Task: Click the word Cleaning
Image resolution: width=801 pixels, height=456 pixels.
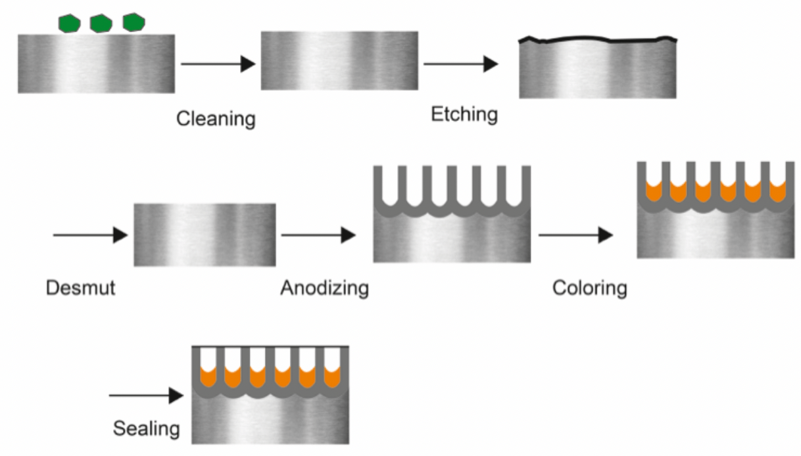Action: [216, 119]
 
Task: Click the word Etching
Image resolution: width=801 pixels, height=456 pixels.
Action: [464, 114]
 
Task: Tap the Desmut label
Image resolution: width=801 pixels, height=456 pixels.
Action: [80, 288]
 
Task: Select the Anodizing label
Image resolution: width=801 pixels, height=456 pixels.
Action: [324, 288]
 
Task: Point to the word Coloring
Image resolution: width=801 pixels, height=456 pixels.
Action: [589, 288]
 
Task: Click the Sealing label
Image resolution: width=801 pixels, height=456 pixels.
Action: [146, 429]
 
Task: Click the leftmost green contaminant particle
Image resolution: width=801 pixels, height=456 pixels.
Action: [69, 24]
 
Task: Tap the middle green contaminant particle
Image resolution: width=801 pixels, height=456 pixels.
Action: [101, 24]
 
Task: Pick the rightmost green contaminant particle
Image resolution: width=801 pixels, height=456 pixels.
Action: [133, 22]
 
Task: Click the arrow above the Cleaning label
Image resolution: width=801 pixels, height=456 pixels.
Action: [218, 64]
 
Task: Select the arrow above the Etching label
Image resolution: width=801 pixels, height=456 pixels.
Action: [460, 64]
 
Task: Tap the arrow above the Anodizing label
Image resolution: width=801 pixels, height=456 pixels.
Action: [318, 235]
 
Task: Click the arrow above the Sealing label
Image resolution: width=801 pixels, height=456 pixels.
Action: [145, 396]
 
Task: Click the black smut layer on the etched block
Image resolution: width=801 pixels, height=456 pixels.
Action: [597, 39]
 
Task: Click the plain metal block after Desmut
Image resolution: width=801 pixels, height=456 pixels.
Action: [205, 235]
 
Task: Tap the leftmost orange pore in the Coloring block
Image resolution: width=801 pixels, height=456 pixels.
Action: [653, 191]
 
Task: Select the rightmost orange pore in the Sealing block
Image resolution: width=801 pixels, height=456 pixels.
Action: [333, 378]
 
